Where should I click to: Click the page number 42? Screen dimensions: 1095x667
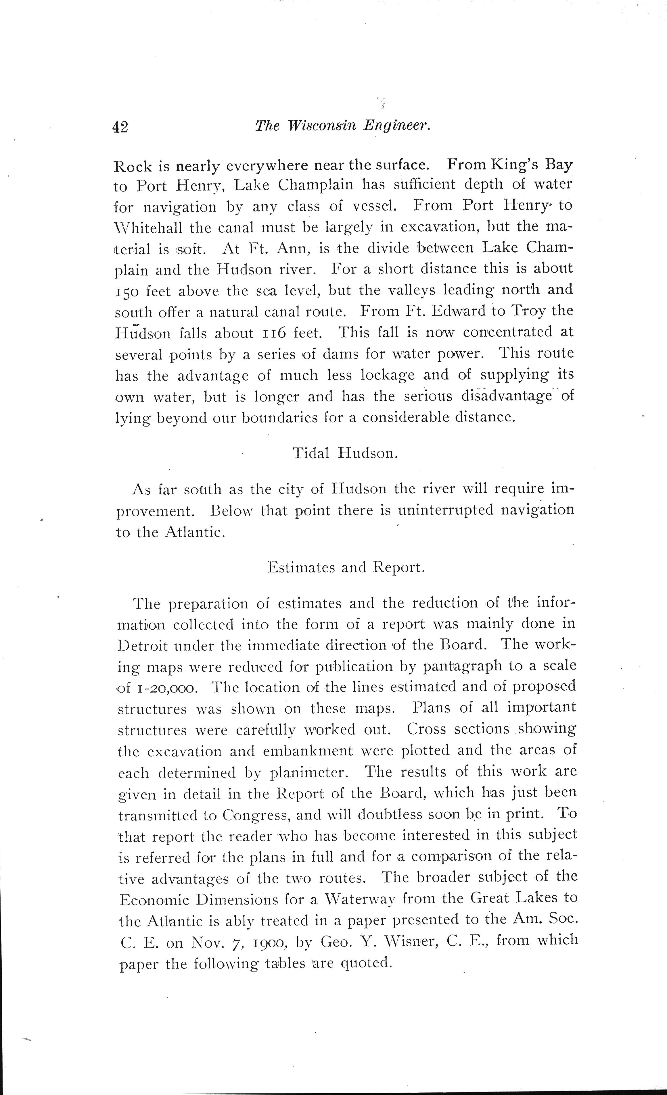[x=120, y=128]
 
